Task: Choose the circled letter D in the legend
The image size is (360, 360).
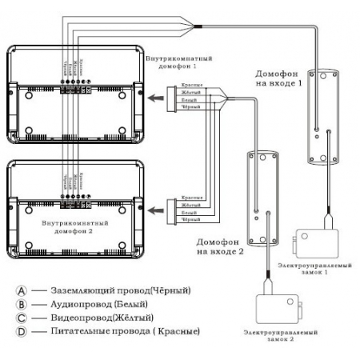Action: point(22,330)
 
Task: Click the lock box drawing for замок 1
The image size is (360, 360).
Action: point(316,240)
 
